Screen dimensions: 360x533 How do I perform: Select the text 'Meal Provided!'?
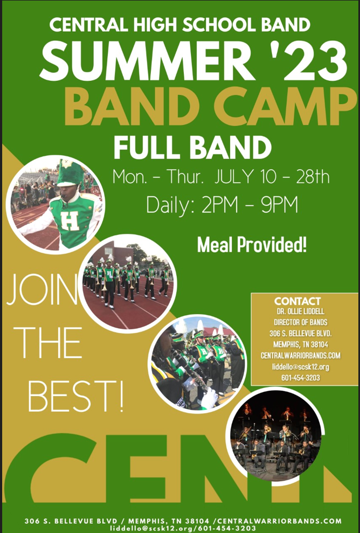(x=252, y=245)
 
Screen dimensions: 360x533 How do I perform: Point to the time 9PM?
(x=280, y=204)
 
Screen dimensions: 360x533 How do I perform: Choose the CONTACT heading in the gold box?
(x=297, y=301)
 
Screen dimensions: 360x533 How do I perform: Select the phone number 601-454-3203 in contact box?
(x=301, y=378)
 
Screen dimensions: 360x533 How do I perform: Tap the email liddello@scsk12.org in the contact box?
(x=301, y=367)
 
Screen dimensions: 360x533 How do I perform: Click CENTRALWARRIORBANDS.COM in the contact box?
(x=301, y=356)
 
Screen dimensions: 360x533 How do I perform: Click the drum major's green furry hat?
(x=70, y=173)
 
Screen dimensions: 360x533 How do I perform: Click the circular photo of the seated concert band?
(x=276, y=437)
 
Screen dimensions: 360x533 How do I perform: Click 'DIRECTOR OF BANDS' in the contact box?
(x=301, y=322)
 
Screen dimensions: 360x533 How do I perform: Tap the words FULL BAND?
(x=192, y=148)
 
